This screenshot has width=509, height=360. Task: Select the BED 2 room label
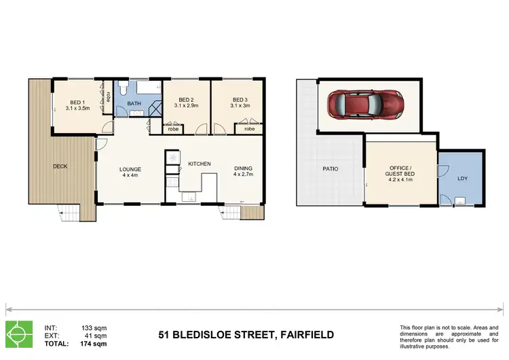tap(185, 103)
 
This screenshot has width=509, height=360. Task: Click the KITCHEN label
tap(200, 164)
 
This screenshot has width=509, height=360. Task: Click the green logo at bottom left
tap(20, 334)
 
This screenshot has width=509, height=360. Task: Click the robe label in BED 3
tap(249, 128)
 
